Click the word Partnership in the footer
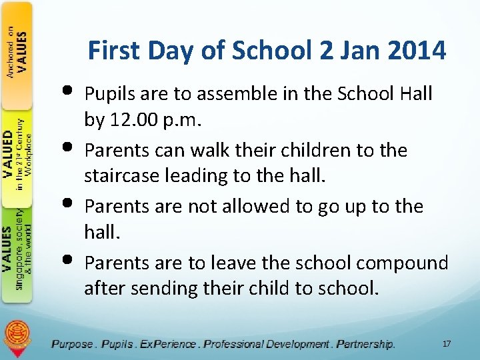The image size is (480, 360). tap(365, 344)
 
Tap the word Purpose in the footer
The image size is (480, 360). tap(73, 344)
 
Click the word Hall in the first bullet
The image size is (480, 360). tap(415, 94)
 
